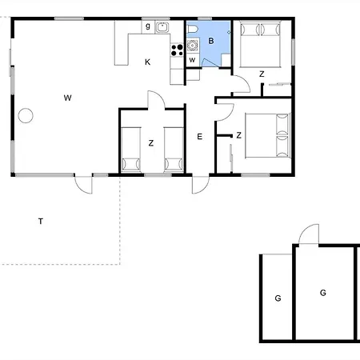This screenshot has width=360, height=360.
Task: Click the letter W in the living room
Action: point(68,98)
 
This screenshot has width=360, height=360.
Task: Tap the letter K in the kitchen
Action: point(147,62)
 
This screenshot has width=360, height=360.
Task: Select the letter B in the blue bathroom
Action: point(211,40)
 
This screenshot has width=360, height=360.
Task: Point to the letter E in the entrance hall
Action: point(199,137)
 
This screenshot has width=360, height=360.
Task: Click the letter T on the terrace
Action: point(40,220)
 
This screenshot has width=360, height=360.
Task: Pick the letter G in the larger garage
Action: point(323,293)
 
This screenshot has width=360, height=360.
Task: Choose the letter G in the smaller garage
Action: point(278,298)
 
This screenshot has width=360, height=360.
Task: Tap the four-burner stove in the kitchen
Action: point(177,51)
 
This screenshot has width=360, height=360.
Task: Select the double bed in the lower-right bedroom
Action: point(267,135)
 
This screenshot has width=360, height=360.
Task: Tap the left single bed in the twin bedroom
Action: point(131,150)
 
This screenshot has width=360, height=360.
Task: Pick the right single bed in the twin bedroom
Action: point(174,150)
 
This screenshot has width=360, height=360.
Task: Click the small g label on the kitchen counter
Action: point(148,27)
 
